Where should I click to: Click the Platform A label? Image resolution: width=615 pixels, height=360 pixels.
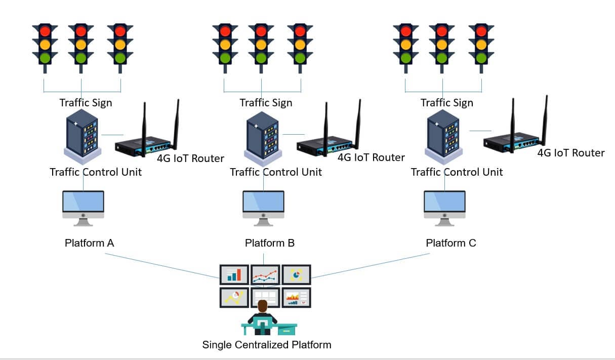click(89, 243)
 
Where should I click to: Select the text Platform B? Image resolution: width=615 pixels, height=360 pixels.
click(269, 243)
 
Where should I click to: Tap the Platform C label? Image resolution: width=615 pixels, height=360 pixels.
click(450, 243)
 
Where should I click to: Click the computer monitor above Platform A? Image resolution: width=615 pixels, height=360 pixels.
click(83, 205)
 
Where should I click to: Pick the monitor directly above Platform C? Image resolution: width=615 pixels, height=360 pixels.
click(444, 205)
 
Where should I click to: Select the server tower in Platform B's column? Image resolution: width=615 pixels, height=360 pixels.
click(263, 134)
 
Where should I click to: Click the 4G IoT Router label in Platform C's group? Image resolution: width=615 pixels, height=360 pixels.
click(570, 153)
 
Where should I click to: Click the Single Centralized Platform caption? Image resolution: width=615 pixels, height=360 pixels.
click(267, 345)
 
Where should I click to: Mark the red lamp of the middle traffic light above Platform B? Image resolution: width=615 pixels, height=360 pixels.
click(261, 31)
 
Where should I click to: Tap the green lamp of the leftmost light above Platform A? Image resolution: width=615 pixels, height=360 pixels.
click(42, 58)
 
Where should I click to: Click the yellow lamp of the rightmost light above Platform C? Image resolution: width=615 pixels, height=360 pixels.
click(481, 45)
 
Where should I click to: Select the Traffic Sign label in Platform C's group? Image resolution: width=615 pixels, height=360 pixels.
click(446, 103)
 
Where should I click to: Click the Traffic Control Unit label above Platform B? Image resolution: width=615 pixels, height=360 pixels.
click(276, 172)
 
